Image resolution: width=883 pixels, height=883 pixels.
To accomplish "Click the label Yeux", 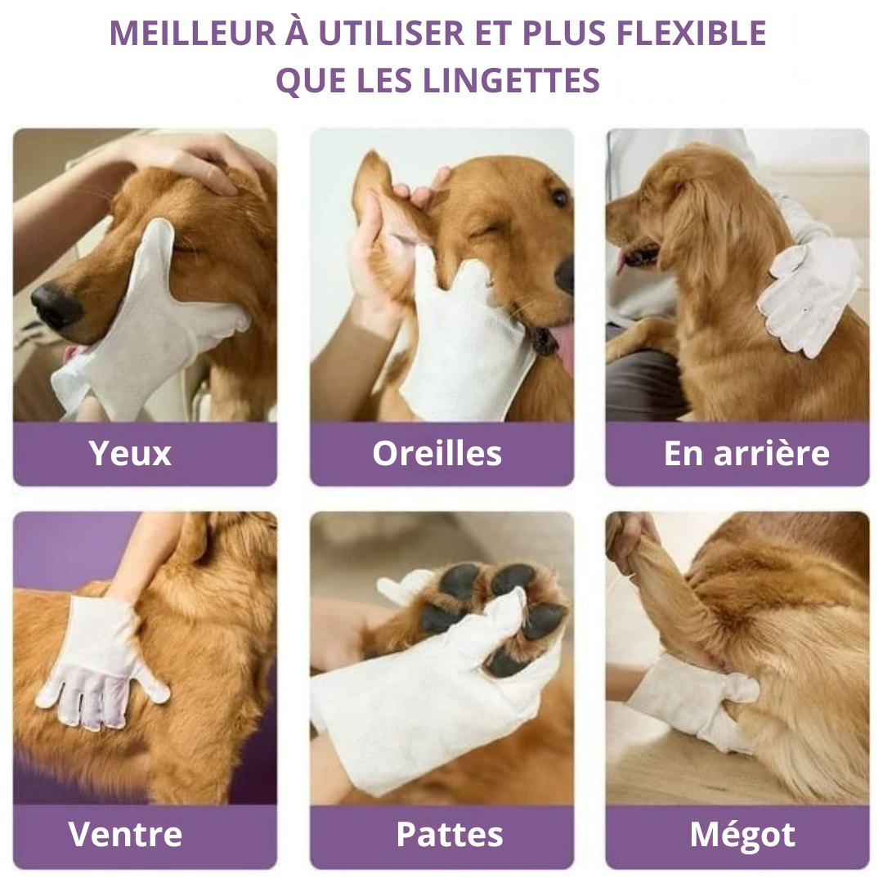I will [130, 453].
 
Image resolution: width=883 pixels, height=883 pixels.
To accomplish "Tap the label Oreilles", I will [437, 453].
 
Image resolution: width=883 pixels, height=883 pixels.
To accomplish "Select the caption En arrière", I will [746, 453].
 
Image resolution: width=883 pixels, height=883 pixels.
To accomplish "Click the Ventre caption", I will [126, 834].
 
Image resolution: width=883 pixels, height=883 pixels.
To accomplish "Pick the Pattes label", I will [449, 834].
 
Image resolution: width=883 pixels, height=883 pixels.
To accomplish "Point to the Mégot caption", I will [742, 834].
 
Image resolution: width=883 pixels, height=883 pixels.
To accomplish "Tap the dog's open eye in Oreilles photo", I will [559, 198].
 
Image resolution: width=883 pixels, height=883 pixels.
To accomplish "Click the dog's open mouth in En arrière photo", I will [639, 255].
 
